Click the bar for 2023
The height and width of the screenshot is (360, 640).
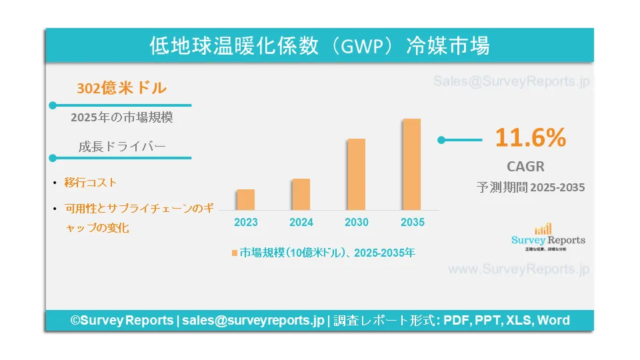point(246,199)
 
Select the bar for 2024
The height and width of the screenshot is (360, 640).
point(301,194)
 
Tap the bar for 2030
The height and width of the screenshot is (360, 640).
point(357,174)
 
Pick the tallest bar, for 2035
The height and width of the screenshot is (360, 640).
point(412,164)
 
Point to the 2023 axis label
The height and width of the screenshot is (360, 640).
point(246,222)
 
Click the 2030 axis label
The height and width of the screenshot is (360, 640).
point(357,222)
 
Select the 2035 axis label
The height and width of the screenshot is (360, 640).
point(412,222)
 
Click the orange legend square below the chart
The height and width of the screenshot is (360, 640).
point(235,253)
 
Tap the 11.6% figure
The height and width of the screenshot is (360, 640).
point(530,138)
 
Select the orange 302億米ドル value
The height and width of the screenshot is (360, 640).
point(121,88)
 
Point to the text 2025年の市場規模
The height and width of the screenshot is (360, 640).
point(121,118)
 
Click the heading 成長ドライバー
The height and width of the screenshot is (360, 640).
point(121,147)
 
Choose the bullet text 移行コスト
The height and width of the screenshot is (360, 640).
point(91,182)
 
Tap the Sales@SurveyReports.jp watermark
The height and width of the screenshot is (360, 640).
point(511,82)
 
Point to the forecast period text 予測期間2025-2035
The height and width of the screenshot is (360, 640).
point(531,188)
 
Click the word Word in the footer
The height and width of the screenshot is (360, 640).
point(553,320)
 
